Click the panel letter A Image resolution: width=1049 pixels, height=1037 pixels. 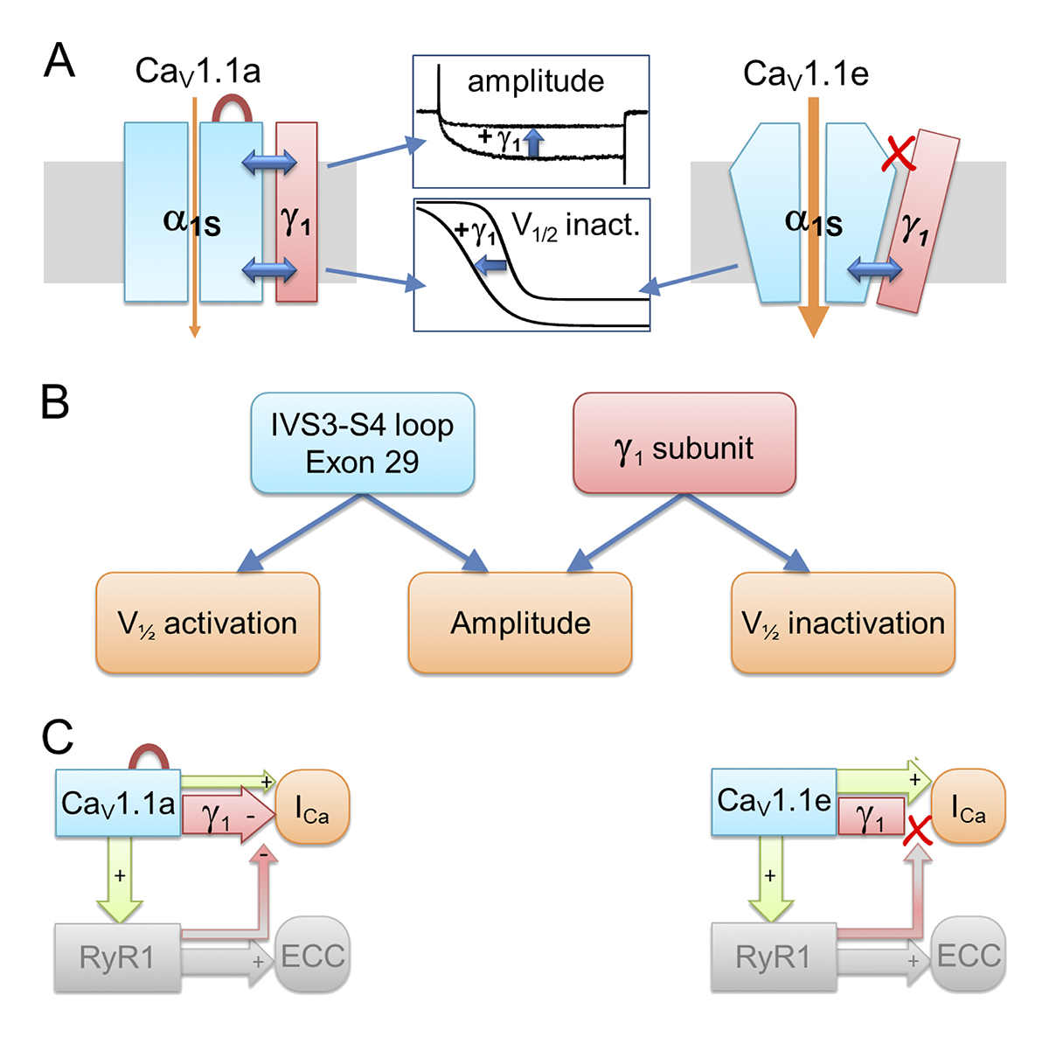coord(59,62)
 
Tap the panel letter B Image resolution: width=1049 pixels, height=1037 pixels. coord(55,402)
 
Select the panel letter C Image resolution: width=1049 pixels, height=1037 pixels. coord(57,737)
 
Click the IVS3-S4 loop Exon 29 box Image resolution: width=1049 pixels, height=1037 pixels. coord(362,443)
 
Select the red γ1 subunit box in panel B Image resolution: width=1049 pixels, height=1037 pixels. coord(684,443)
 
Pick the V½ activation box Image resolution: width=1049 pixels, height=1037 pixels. coord(207,623)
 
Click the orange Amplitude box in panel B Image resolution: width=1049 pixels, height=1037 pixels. coord(520,623)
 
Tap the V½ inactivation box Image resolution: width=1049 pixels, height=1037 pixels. coord(843,623)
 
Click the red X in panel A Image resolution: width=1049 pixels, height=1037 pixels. coord(899,154)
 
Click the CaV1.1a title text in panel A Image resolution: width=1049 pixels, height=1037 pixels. coord(198,72)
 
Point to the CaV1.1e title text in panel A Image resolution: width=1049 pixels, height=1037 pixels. coord(805,74)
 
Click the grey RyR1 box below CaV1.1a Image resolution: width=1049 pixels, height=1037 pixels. coord(117,957)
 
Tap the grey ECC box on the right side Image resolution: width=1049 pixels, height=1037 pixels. coord(969,955)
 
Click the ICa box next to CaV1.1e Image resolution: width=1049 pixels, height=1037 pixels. coord(969,806)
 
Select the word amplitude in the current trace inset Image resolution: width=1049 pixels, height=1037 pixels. coord(535,81)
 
